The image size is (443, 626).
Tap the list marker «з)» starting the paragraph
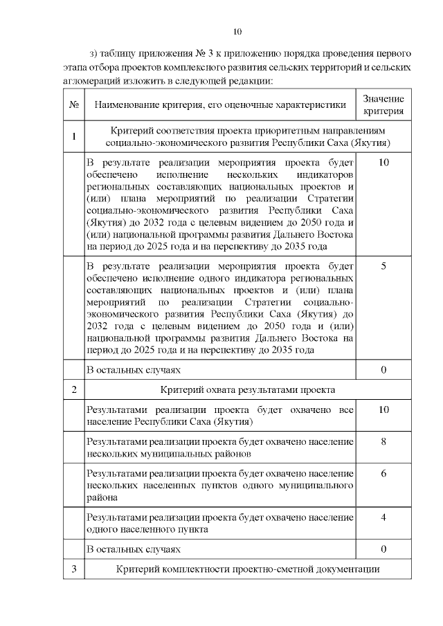[96, 53]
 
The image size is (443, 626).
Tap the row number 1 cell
[73, 136]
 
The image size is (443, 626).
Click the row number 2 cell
[73, 389]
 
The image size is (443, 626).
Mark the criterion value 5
[383, 266]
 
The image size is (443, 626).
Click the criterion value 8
[383, 441]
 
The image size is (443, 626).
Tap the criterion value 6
[383, 474]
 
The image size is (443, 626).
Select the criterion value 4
[383, 516]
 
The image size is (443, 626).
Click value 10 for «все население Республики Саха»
[383, 410]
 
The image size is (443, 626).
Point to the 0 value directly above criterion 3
[383, 549]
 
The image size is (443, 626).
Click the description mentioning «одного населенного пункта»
[219, 523]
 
